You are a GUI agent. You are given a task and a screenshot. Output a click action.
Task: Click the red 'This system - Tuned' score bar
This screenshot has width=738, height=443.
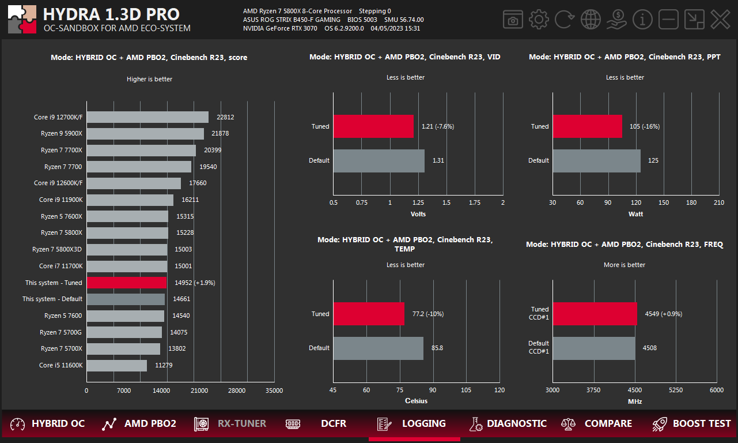click(127, 283)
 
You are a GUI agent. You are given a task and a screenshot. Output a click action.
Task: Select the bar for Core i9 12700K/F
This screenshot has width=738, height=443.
click(147, 117)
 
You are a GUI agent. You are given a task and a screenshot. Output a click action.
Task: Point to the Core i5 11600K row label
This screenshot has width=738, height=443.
click(60, 365)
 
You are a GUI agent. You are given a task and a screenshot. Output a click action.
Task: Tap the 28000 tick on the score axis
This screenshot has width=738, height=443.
click(237, 391)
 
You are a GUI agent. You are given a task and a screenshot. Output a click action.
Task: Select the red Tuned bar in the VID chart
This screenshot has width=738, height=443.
click(373, 126)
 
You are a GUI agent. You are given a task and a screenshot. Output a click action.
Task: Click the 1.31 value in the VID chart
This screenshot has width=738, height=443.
click(438, 160)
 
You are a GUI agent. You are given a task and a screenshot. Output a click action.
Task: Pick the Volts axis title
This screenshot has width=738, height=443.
click(418, 214)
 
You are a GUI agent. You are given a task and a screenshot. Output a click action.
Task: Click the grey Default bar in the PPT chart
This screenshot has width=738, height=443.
click(596, 160)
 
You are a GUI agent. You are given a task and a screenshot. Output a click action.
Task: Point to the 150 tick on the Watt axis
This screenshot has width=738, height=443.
click(664, 202)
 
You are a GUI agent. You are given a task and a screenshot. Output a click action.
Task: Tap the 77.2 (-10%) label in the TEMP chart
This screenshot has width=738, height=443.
click(428, 314)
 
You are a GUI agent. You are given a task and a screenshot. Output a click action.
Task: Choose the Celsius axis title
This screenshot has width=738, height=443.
click(417, 401)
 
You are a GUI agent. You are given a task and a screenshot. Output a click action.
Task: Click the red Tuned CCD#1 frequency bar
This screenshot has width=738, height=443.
click(595, 314)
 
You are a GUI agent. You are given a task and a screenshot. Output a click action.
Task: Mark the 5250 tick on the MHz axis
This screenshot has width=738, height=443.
click(675, 391)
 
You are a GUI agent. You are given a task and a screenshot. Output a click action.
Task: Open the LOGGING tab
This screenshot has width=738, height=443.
click(414, 424)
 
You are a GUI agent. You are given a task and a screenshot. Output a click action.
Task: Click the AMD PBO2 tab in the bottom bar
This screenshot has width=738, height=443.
click(139, 424)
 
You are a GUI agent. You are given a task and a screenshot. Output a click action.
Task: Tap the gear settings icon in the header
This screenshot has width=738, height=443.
click(539, 20)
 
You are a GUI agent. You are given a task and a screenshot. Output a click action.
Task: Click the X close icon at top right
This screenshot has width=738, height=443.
click(720, 20)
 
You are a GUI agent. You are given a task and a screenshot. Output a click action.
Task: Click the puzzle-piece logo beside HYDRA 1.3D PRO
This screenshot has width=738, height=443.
click(22, 20)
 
